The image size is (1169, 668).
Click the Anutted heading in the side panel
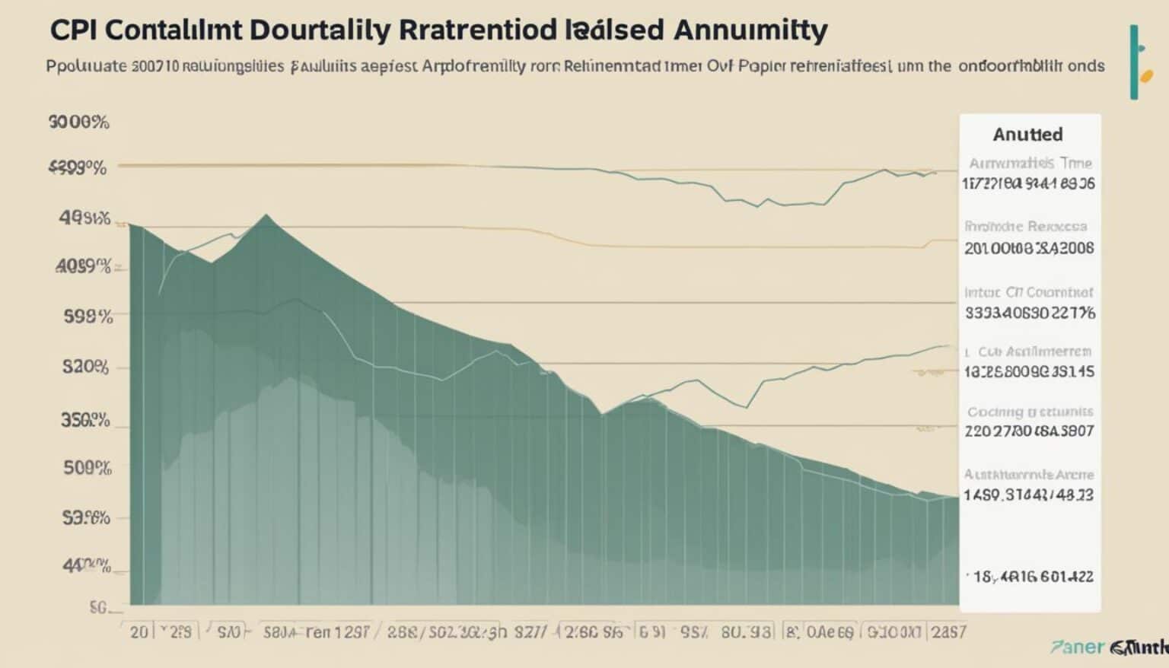1027,135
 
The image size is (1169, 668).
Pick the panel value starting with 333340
1030,312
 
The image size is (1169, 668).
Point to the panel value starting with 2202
1029,431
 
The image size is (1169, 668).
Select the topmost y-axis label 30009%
78,122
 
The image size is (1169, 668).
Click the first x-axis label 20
139,632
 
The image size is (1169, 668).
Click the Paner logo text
1076,647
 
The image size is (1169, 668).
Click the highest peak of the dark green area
266,215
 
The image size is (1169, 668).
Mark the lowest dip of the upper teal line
759,207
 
